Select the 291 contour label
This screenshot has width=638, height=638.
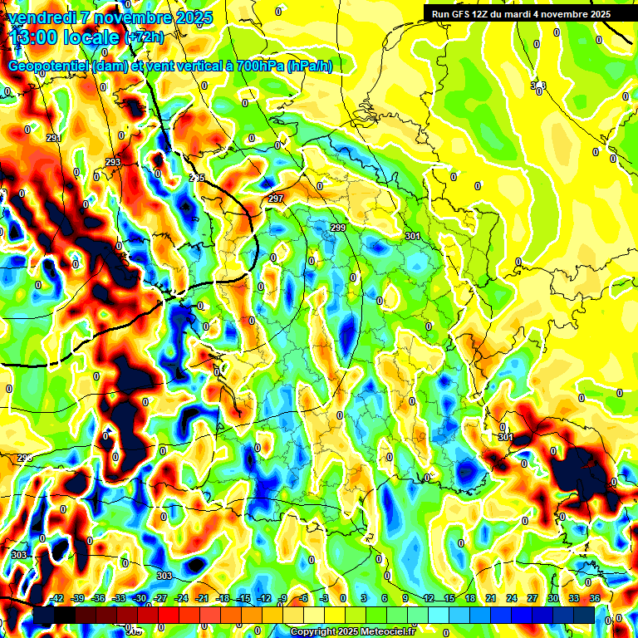54,138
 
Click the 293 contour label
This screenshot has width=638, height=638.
113,162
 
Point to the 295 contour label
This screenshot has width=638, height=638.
197,179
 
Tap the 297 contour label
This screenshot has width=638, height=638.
276,199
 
